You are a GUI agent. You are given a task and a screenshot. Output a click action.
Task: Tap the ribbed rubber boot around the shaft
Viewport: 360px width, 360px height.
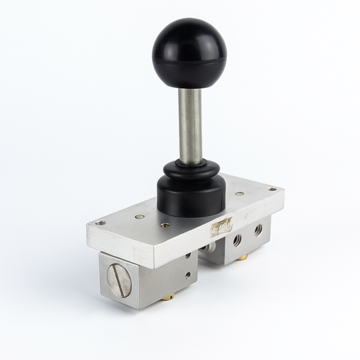191,169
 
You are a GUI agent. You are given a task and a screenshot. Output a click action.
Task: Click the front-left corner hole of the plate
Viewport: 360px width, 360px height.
100,223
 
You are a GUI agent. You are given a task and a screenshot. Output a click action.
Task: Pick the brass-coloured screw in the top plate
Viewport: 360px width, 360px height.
140,216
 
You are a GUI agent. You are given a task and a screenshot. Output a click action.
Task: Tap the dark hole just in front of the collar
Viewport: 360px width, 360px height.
165,225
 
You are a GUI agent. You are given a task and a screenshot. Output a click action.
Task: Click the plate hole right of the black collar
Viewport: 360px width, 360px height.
239,194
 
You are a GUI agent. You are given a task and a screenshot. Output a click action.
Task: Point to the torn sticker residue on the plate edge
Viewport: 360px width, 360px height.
221,227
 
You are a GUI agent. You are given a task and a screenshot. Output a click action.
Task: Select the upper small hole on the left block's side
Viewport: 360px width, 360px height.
188,256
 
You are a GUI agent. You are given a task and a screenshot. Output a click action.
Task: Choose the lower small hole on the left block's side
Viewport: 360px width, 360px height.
188,275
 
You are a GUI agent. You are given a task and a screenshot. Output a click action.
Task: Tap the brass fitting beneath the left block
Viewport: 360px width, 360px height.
169,296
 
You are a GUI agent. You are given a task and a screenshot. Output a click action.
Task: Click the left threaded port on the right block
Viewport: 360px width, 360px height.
238,240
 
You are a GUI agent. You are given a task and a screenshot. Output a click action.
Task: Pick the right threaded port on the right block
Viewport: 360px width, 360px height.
258,230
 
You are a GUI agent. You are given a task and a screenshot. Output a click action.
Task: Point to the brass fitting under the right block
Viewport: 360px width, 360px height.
243,257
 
